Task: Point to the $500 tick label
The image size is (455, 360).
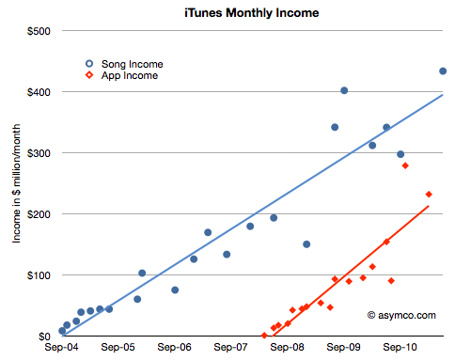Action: pos(38,31)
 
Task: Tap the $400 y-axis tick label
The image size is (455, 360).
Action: pos(38,92)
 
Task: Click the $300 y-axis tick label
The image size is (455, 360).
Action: pos(38,153)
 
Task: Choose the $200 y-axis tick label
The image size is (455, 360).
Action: pos(38,214)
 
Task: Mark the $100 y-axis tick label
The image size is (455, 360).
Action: pos(38,275)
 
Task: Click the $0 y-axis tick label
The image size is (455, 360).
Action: pos(43,337)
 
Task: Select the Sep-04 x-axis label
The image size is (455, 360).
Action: pos(61,347)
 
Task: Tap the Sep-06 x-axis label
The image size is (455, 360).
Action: pos(175,347)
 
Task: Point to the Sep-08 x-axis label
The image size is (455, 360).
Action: pos(289,347)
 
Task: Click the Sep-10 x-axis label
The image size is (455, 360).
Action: pos(401,347)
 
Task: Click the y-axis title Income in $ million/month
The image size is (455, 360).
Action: pos(16,183)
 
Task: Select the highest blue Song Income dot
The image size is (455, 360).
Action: pos(443,71)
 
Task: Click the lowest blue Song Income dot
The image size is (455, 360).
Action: pos(62,331)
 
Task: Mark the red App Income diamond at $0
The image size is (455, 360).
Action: pos(264,336)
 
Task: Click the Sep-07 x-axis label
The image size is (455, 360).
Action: pos(231,347)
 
